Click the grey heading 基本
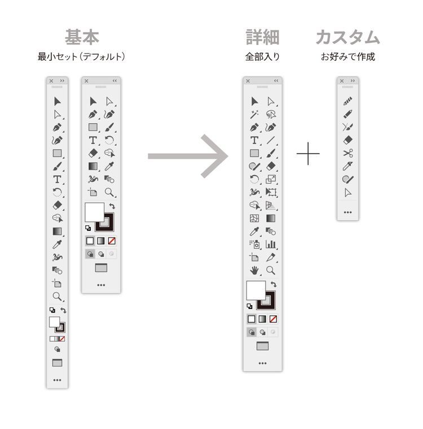click(82, 37)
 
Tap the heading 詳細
click(262, 37)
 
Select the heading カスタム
click(347, 37)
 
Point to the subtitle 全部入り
click(262, 57)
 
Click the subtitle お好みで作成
click(347, 57)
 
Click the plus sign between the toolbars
click(308, 154)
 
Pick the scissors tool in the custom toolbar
click(347, 153)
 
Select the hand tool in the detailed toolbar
click(254, 270)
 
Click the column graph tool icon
click(271, 244)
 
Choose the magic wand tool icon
click(254, 114)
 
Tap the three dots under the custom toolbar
click(347, 212)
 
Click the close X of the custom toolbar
click(342, 81)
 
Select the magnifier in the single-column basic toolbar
click(57, 297)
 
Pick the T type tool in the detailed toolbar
click(254, 140)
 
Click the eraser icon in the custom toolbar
click(347, 140)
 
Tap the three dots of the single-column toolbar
click(57, 380)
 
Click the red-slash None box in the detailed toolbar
click(273, 319)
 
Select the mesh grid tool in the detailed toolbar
click(254, 218)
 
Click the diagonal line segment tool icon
click(271, 140)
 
